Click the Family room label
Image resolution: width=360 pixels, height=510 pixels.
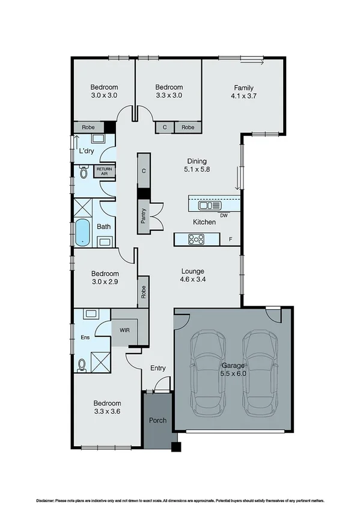[x=243, y=88]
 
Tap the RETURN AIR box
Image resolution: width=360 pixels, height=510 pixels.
[x=105, y=171]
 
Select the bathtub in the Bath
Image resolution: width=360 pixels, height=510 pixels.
[x=82, y=232]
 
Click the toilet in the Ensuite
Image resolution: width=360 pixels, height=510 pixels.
[x=82, y=364]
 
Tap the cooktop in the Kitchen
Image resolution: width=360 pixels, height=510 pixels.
[x=197, y=239]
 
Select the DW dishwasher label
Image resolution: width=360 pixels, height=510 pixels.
[x=224, y=215]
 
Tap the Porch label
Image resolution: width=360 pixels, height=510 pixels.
[x=157, y=420]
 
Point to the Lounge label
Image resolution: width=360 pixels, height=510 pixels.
[x=192, y=271]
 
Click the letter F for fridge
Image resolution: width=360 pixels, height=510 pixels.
[x=230, y=240]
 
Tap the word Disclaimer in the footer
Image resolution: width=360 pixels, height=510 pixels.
[x=44, y=500]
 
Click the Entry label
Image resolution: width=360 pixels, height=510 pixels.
[x=158, y=368]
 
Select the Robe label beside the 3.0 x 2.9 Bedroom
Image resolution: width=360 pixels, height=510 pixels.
[x=144, y=292]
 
